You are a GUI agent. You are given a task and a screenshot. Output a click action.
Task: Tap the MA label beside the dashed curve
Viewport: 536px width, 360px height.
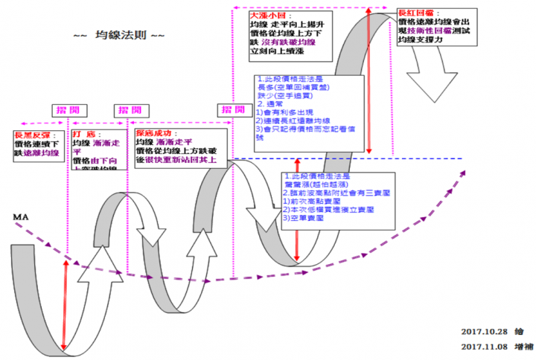[20, 217]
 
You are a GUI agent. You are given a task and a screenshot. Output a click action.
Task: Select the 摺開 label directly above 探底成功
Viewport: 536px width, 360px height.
[122, 110]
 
